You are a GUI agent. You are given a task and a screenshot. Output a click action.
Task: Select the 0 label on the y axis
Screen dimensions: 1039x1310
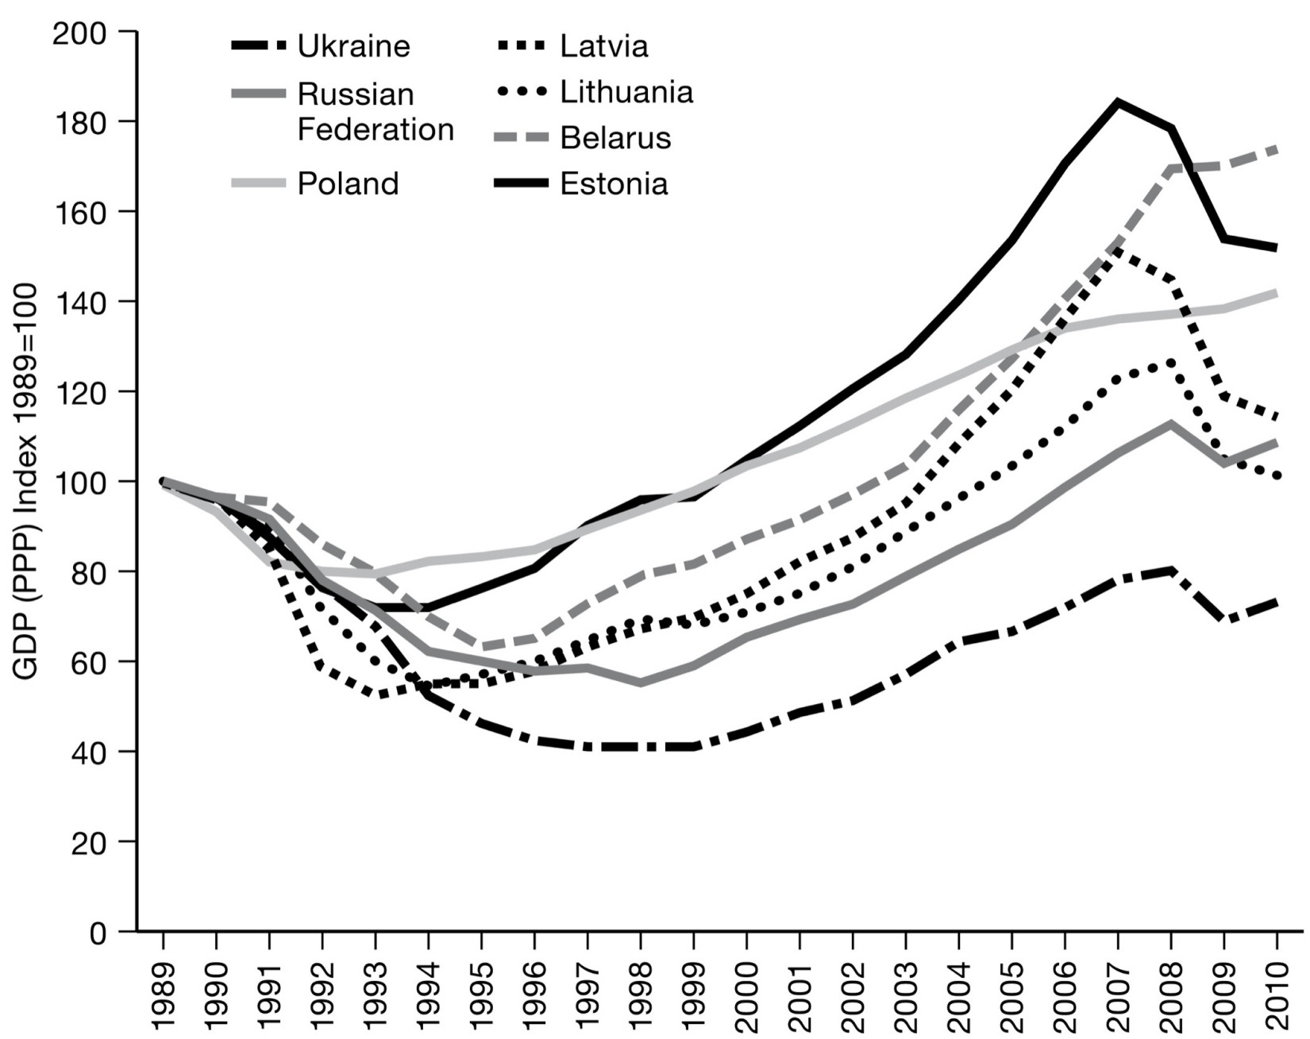coord(98,932)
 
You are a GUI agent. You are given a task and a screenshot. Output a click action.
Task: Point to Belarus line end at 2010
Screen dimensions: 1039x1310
coord(1277,148)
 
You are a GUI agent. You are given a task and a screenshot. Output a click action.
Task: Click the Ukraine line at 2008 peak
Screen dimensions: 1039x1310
coord(1171,570)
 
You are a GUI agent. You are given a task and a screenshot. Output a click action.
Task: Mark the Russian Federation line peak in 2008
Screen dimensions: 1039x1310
coord(1171,423)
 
